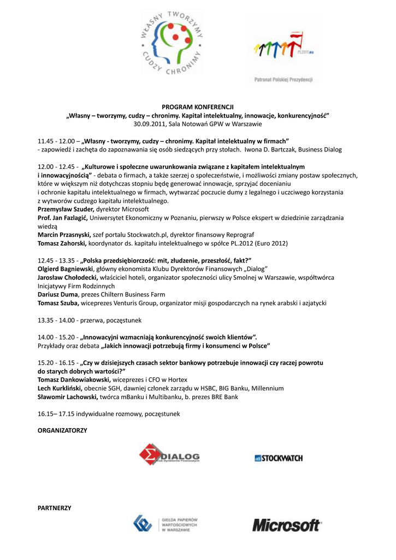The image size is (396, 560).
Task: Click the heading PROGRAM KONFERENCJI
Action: [x=198, y=108]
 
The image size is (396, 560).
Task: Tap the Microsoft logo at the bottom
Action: [x=286, y=526]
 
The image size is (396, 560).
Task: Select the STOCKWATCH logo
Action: [x=278, y=458]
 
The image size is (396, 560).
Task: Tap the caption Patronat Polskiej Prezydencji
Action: [x=283, y=79]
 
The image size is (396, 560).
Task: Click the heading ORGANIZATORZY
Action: [x=62, y=431]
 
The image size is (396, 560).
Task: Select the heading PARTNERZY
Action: [x=54, y=508]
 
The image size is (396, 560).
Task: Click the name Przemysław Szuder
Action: [x=66, y=209]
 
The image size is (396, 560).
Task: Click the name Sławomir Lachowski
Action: [x=67, y=396]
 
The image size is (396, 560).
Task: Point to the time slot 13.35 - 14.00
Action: [x=56, y=320]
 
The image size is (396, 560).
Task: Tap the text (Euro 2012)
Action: [x=266, y=243]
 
